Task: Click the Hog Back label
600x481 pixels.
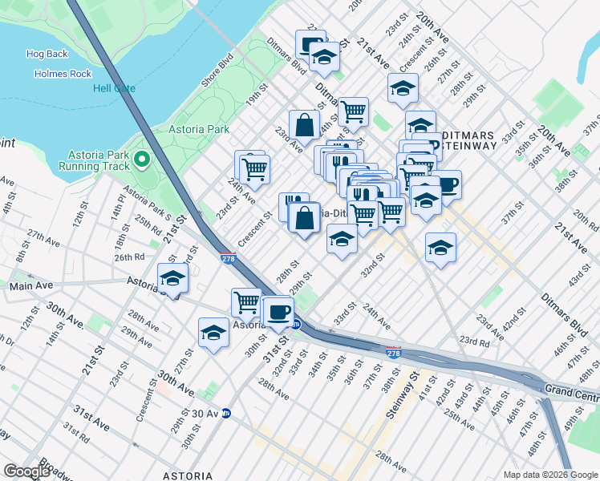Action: click(x=47, y=54)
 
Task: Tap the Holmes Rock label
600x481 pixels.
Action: click(x=63, y=73)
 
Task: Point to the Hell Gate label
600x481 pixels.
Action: click(x=114, y=88)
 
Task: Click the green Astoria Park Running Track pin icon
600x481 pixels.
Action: click(x=143, y=159)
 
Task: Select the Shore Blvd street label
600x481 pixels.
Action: click(x=217, y=70)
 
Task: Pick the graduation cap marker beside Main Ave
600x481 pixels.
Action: click(x=172, y=279)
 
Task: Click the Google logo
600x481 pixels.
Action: click(x=26, y=471)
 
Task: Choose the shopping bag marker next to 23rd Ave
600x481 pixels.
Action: click(x=305, y=125)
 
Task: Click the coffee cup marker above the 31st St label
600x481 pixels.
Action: click(x=278, y=311)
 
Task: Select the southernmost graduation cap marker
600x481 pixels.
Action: click(x=214, y=333)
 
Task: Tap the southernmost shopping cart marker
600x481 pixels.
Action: click(x=246, y=303)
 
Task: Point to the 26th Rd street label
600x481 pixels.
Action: click(x=128, y=257)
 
